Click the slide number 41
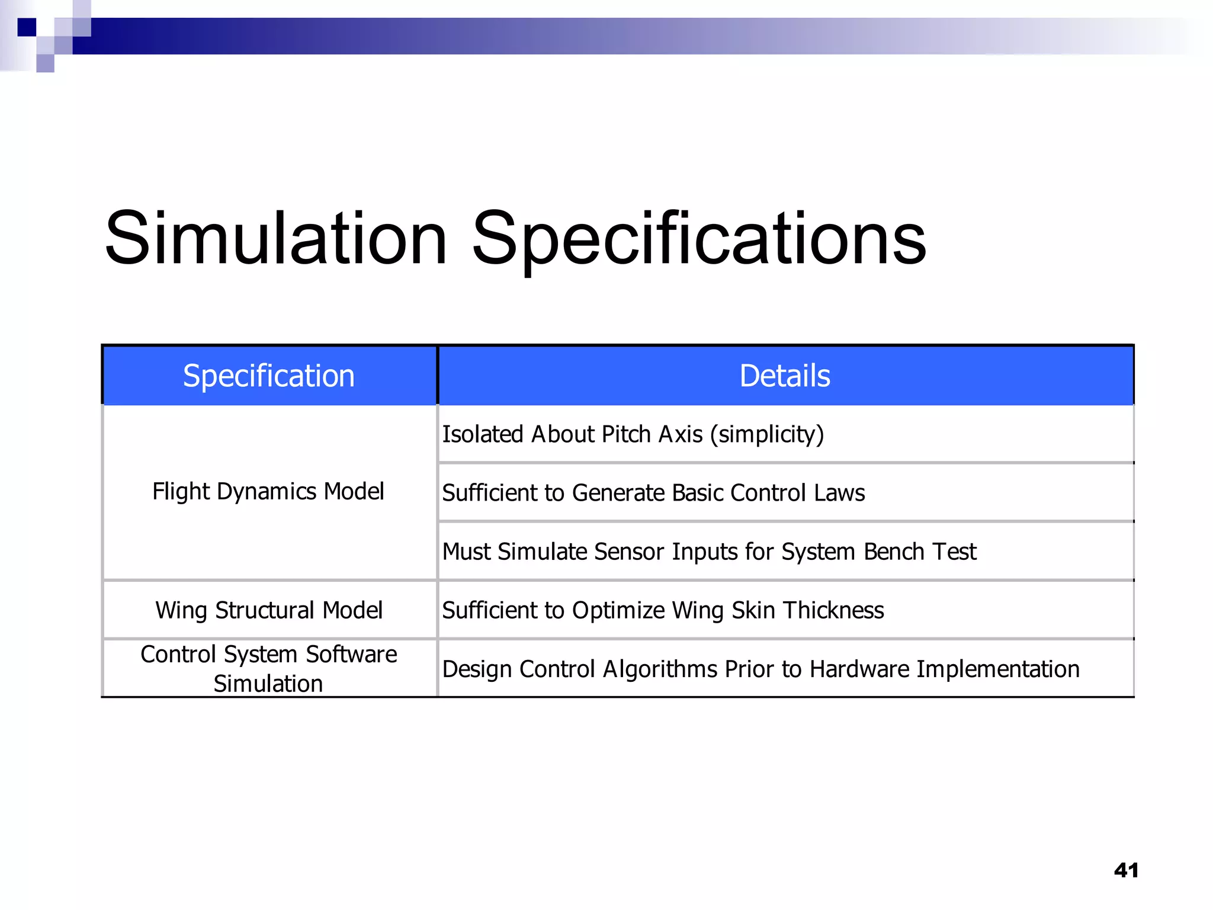pyautogui.click(x=1125, y=870)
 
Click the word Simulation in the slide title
pyautogui.click(x=276, y=239)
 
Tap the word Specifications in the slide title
pyautogui.click(x=699, y=239)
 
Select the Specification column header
pyautogui.click(x=269, y=376)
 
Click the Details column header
pyautogui.click(x=785, y=376)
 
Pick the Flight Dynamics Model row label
pyautogui.click(x=268, y=492)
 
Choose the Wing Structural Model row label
pyautogui.click(x=269, y=610)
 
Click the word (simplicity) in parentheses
pyautogui.click(x=767, y=434)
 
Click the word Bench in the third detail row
pyautogui.click(x=894, y=552)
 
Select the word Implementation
pyautogui.click(x=998, y=669)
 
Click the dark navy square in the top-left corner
pyautogui.click(x=27, y=27)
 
